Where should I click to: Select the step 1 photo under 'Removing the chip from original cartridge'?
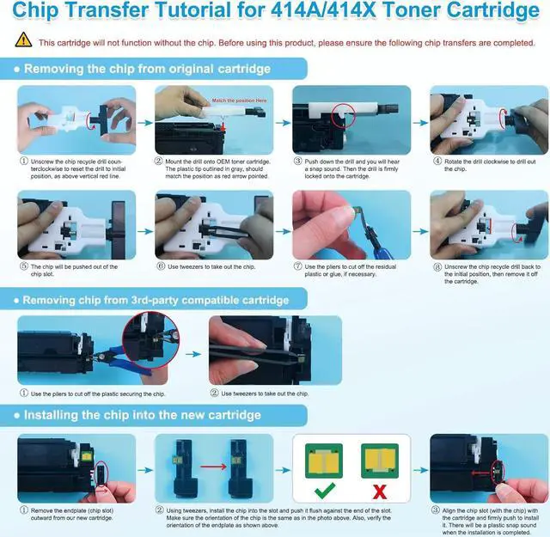76,119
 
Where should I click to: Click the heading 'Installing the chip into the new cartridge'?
142,414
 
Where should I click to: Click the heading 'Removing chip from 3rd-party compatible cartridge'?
156,300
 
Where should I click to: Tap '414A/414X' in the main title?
328,12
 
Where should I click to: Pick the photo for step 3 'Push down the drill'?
351,119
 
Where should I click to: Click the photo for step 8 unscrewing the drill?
489,225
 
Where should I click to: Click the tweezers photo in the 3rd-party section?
275,350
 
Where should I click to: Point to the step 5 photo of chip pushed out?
76,225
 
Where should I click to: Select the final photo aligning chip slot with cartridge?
489,468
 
